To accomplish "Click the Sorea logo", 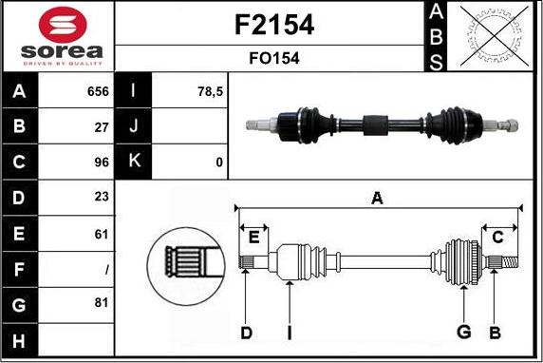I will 58,36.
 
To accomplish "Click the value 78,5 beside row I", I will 209,92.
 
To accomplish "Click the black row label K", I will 133,162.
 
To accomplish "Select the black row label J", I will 133,127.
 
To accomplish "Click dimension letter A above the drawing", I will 377,198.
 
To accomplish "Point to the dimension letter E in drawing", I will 253,236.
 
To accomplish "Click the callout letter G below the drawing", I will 463,332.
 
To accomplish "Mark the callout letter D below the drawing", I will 246,332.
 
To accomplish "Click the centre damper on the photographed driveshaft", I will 375,124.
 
